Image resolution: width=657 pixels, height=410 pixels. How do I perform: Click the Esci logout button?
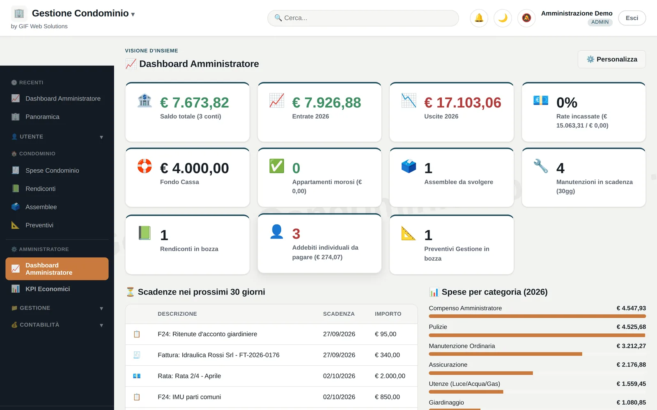632,18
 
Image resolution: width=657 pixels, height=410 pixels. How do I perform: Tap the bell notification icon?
479,18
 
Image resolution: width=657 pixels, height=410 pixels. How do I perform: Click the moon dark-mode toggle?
503,18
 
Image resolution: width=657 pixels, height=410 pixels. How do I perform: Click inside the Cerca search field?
363,18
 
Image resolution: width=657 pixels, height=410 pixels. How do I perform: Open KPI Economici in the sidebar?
48,289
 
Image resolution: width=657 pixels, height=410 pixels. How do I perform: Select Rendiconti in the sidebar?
40,189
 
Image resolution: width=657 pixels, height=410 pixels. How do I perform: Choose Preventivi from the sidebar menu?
39,225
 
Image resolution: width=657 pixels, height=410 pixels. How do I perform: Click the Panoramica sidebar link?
42,116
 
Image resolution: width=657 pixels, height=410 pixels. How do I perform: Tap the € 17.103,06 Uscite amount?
462,102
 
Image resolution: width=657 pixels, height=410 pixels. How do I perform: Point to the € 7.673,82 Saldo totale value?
195,102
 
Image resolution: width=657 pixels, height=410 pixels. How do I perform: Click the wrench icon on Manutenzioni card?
540,166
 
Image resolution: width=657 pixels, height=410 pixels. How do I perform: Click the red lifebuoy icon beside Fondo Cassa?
145,166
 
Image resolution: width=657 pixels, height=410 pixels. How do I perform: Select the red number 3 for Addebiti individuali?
296,234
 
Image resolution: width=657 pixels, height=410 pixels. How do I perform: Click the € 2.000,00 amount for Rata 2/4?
390,376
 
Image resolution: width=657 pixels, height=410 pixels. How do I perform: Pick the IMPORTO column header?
388,314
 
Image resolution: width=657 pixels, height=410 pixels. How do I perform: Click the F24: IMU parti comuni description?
189,397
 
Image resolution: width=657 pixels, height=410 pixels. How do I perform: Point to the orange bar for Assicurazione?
481,373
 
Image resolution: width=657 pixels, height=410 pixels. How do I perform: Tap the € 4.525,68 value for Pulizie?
631,327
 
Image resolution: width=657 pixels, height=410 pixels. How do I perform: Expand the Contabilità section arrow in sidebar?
101,325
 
